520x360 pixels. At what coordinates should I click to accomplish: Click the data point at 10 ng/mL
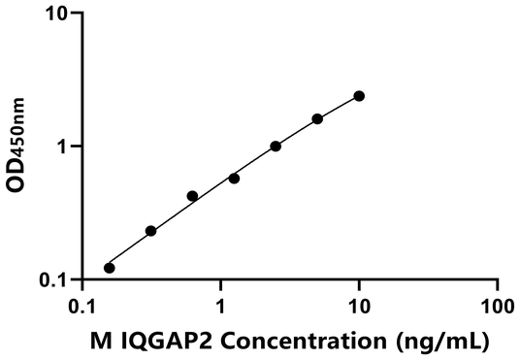pos(359,95)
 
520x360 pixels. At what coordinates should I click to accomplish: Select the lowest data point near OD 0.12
pos(110,268)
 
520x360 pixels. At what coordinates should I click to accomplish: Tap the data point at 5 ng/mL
pos(317,118)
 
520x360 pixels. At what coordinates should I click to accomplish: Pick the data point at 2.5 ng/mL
pos(276,146)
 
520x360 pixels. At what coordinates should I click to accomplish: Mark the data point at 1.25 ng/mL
pos(234,179)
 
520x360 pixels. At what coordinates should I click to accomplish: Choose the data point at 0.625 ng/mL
pos(192,196)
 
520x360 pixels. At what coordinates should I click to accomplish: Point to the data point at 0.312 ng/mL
pos(150,231)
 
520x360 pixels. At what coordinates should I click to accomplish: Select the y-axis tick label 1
pos(65,147)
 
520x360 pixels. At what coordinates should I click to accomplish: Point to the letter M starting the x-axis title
pos(99,341)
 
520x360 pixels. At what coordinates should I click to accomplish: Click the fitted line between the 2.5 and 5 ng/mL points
pos(297,132)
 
